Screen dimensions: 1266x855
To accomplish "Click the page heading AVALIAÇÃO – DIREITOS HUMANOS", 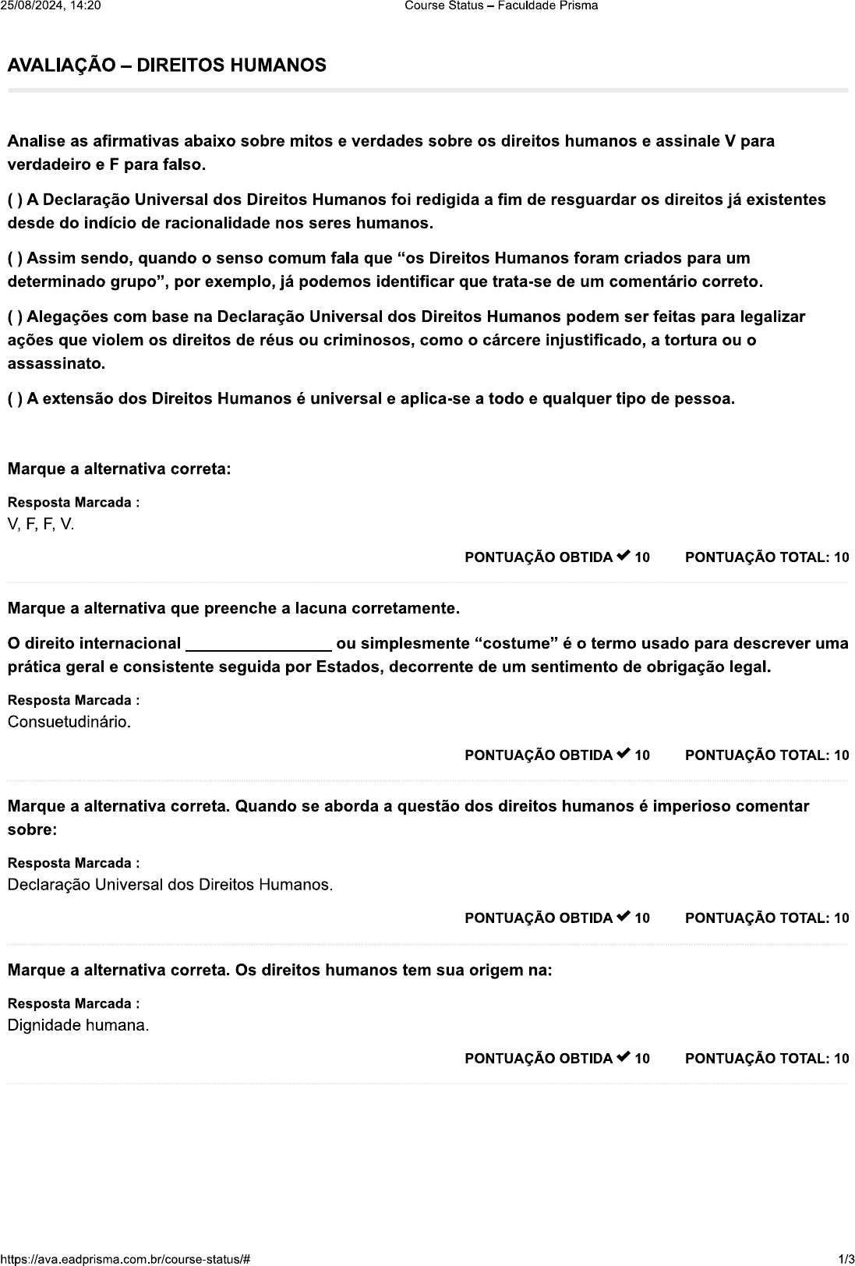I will (167, 65).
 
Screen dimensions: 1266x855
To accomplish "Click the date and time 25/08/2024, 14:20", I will (51, 6).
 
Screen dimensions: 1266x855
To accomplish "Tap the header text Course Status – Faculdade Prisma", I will (501, 6).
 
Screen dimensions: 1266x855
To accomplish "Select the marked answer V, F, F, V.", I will (41, 524).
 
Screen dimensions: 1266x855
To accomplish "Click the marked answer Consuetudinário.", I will (69, 722).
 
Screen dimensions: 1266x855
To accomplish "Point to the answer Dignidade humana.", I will (78, 1025).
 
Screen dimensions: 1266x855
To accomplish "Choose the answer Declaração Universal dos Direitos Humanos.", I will (170, 885).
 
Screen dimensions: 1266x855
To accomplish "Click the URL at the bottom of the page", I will (125, 1259).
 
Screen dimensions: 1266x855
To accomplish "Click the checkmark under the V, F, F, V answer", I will (623, 557).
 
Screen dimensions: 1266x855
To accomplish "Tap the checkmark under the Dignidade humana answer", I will (623, 1058).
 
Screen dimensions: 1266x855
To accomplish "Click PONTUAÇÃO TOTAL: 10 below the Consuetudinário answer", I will (766, 755).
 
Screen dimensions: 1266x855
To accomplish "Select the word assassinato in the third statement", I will (56, 364).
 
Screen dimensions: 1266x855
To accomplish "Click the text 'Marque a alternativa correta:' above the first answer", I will (119, 469).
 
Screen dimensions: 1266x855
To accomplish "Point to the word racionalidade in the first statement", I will (214, 224).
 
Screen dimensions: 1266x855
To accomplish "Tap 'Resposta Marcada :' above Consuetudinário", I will (73, 700).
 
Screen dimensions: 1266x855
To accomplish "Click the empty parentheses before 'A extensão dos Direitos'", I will (15, 399).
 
